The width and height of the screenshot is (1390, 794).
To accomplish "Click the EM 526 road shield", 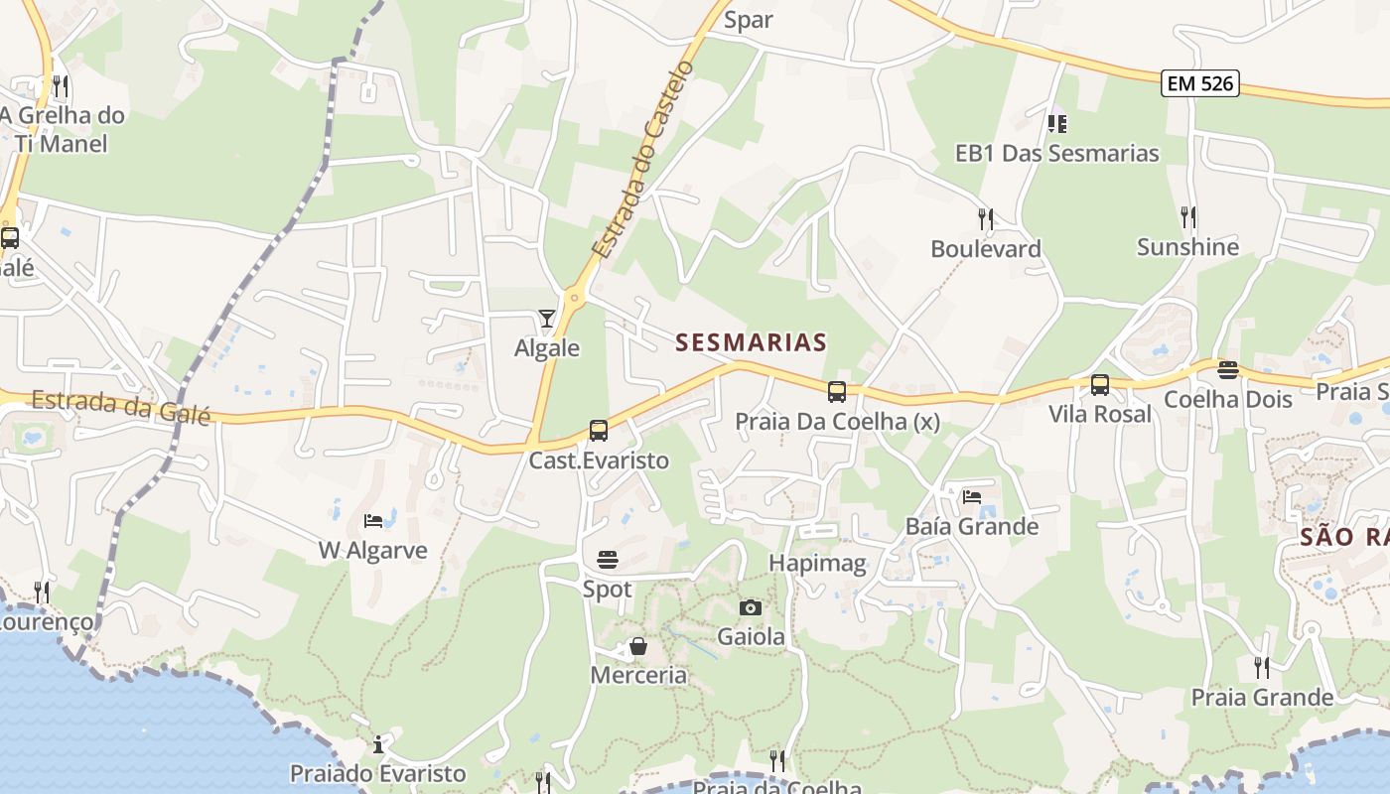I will pyautogui.click(x=1200, y=83).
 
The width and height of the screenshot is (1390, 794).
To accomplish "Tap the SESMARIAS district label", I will pyautogui.click(x=751, y=342).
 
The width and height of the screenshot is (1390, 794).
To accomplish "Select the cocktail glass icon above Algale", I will pyautogui.click(x=546, y=319).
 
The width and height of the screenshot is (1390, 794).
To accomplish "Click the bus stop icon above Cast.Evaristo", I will pyautogui.click(x=598, y=431).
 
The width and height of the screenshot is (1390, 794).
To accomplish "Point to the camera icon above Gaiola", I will pyautogui.click(x=751, y=607).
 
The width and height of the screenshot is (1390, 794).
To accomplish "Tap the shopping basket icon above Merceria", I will pyautogui.click(x=638, y=646).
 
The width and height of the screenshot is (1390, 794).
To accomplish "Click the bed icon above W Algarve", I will pyautogui.click(x=373, y=520).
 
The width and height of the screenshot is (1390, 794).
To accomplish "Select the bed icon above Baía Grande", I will pyautogui.click(x=971, y=496).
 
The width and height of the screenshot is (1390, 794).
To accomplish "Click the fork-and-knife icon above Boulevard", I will pyautogui.click(x=985, y=218).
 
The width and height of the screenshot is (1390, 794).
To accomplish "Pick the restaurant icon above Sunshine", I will pyautogui.click(x=1187, y=216).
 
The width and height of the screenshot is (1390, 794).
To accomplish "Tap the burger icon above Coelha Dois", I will pyautogui.click(x=1228, y=370).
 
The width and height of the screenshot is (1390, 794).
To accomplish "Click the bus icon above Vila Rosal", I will pyautogui.click(x=1100, y=385).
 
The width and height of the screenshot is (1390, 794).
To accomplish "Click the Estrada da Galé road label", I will pyautogui.click(x=121, y=407).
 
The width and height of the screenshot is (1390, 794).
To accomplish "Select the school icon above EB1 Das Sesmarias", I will pyautogui.click(x=1056, y=124).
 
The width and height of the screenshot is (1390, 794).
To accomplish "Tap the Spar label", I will pyautogui.click(x=749, y=20).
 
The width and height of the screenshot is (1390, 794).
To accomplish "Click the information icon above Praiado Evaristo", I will pyautogui.click(x=378, y=744).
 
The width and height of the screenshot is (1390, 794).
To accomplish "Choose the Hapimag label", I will pyautogui.click(x=817, y=564).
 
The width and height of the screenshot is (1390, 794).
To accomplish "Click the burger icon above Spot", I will pyautogui.click(x=607, y=560).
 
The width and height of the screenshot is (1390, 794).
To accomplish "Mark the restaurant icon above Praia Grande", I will pyautogui.click(x=1261, y=667).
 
